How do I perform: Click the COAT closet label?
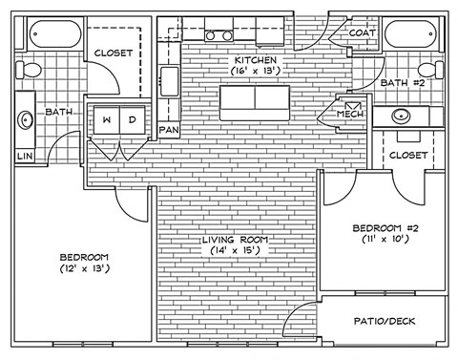coord(361,32)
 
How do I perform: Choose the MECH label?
coord(351,115)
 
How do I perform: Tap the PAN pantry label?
coord(169,129)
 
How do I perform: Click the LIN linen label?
coord(21,155)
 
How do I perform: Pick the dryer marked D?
coord(132,119)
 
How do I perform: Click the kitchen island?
coord(255,99)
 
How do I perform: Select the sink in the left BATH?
coord(23,121)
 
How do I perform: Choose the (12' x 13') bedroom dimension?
coord(84,269)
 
